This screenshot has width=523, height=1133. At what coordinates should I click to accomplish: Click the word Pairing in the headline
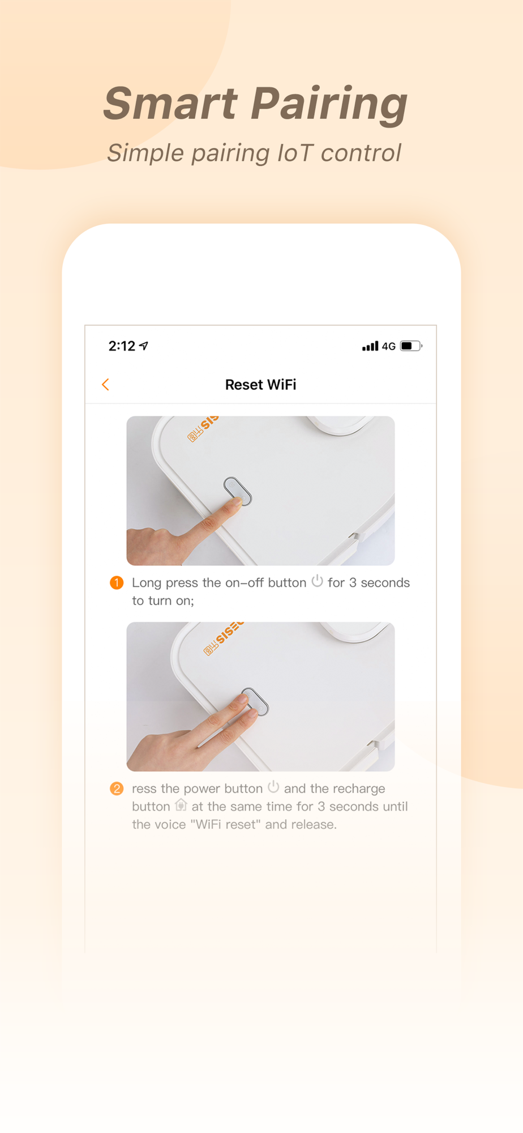click(329, 106)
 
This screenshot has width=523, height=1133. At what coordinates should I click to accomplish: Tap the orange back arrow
click(105, 385)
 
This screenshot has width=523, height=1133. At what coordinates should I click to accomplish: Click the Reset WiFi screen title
click(261, 385)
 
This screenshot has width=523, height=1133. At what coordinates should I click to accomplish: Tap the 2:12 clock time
click(122, 346)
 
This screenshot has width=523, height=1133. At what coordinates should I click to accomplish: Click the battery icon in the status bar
click(411, 346)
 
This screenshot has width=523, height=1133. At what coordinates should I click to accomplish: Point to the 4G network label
click(389, 346)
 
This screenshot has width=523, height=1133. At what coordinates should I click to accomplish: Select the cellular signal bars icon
click(370, 346)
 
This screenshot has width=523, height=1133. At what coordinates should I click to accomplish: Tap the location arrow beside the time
click(144, 346)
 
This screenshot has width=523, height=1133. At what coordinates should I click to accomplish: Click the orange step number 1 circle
click(117, 582)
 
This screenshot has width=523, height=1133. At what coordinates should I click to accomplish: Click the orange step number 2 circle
click(117, 789)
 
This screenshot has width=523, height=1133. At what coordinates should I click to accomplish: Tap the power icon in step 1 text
click(318, 581)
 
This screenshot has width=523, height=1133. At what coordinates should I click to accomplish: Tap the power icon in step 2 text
click(273, 787)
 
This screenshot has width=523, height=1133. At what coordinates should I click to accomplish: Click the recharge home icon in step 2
click(181, 805)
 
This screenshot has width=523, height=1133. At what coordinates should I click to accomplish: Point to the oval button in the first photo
click(238, 491)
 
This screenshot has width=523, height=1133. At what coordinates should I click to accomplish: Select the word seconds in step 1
click(385, 582)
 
